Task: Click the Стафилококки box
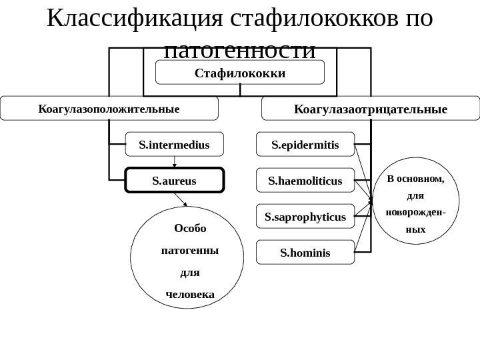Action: (240, 72)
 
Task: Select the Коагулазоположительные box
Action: (109, 108)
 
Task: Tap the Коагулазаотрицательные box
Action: (371, 108)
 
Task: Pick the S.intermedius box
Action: (174, 143)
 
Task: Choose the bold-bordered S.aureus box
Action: (175, 180)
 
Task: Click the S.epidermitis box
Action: (305, 143)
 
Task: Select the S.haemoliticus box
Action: (305, 180)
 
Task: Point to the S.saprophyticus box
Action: (305, 217)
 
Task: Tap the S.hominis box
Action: (305, 253)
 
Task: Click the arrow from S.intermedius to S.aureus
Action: (175, 161)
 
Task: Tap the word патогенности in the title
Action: (240, 51)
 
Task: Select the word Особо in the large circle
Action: (190, 229)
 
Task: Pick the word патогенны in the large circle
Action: (190, 251)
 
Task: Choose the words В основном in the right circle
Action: (415, 179)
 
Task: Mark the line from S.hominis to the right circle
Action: (364, 227)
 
